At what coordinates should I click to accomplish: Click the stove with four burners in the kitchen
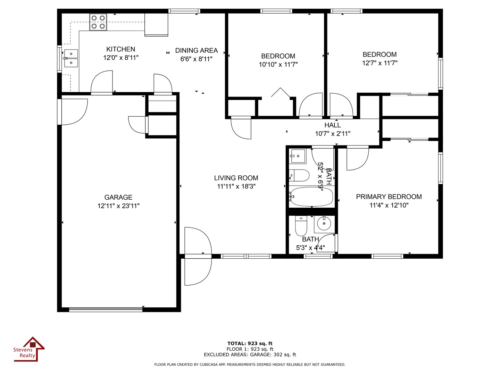[x=98, y=22]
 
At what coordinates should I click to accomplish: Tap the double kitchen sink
[x=71, y=58]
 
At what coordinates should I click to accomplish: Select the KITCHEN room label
[x=120, y=49]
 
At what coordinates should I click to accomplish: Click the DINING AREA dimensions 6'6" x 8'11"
[x=196, y=59]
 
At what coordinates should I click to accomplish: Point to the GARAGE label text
[x=118, y=197]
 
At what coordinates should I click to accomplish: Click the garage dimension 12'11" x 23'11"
[x=118, y=206]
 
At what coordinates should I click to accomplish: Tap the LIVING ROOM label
[x=236, y=178]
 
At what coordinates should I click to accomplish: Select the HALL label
[x=332, y=125]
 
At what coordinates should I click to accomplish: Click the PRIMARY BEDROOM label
[x=389, y=197]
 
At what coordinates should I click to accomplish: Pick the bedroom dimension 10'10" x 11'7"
[x=278, y=65]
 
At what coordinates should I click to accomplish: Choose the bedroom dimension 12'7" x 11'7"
[x=380, y=63]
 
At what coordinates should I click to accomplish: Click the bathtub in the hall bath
[x=311, y=197]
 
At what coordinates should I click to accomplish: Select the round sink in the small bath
[x=324, y=224]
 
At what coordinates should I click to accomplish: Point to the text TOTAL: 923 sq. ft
[x=250, y=343]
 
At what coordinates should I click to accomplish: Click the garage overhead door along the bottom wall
[x=106, y=309]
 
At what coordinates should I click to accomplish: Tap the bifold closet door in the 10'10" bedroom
[x=280, y=93]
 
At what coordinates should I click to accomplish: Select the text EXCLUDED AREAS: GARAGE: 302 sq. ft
[x=250, y=355]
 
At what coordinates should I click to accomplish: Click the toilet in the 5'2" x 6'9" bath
[x=299, y=175]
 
